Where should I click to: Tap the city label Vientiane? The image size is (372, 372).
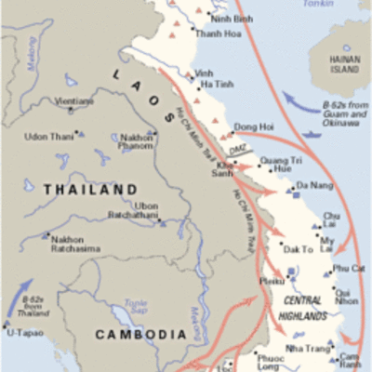(74, 100)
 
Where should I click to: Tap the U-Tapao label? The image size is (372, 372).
(26, 332)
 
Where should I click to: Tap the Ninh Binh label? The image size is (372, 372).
(232, 18)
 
